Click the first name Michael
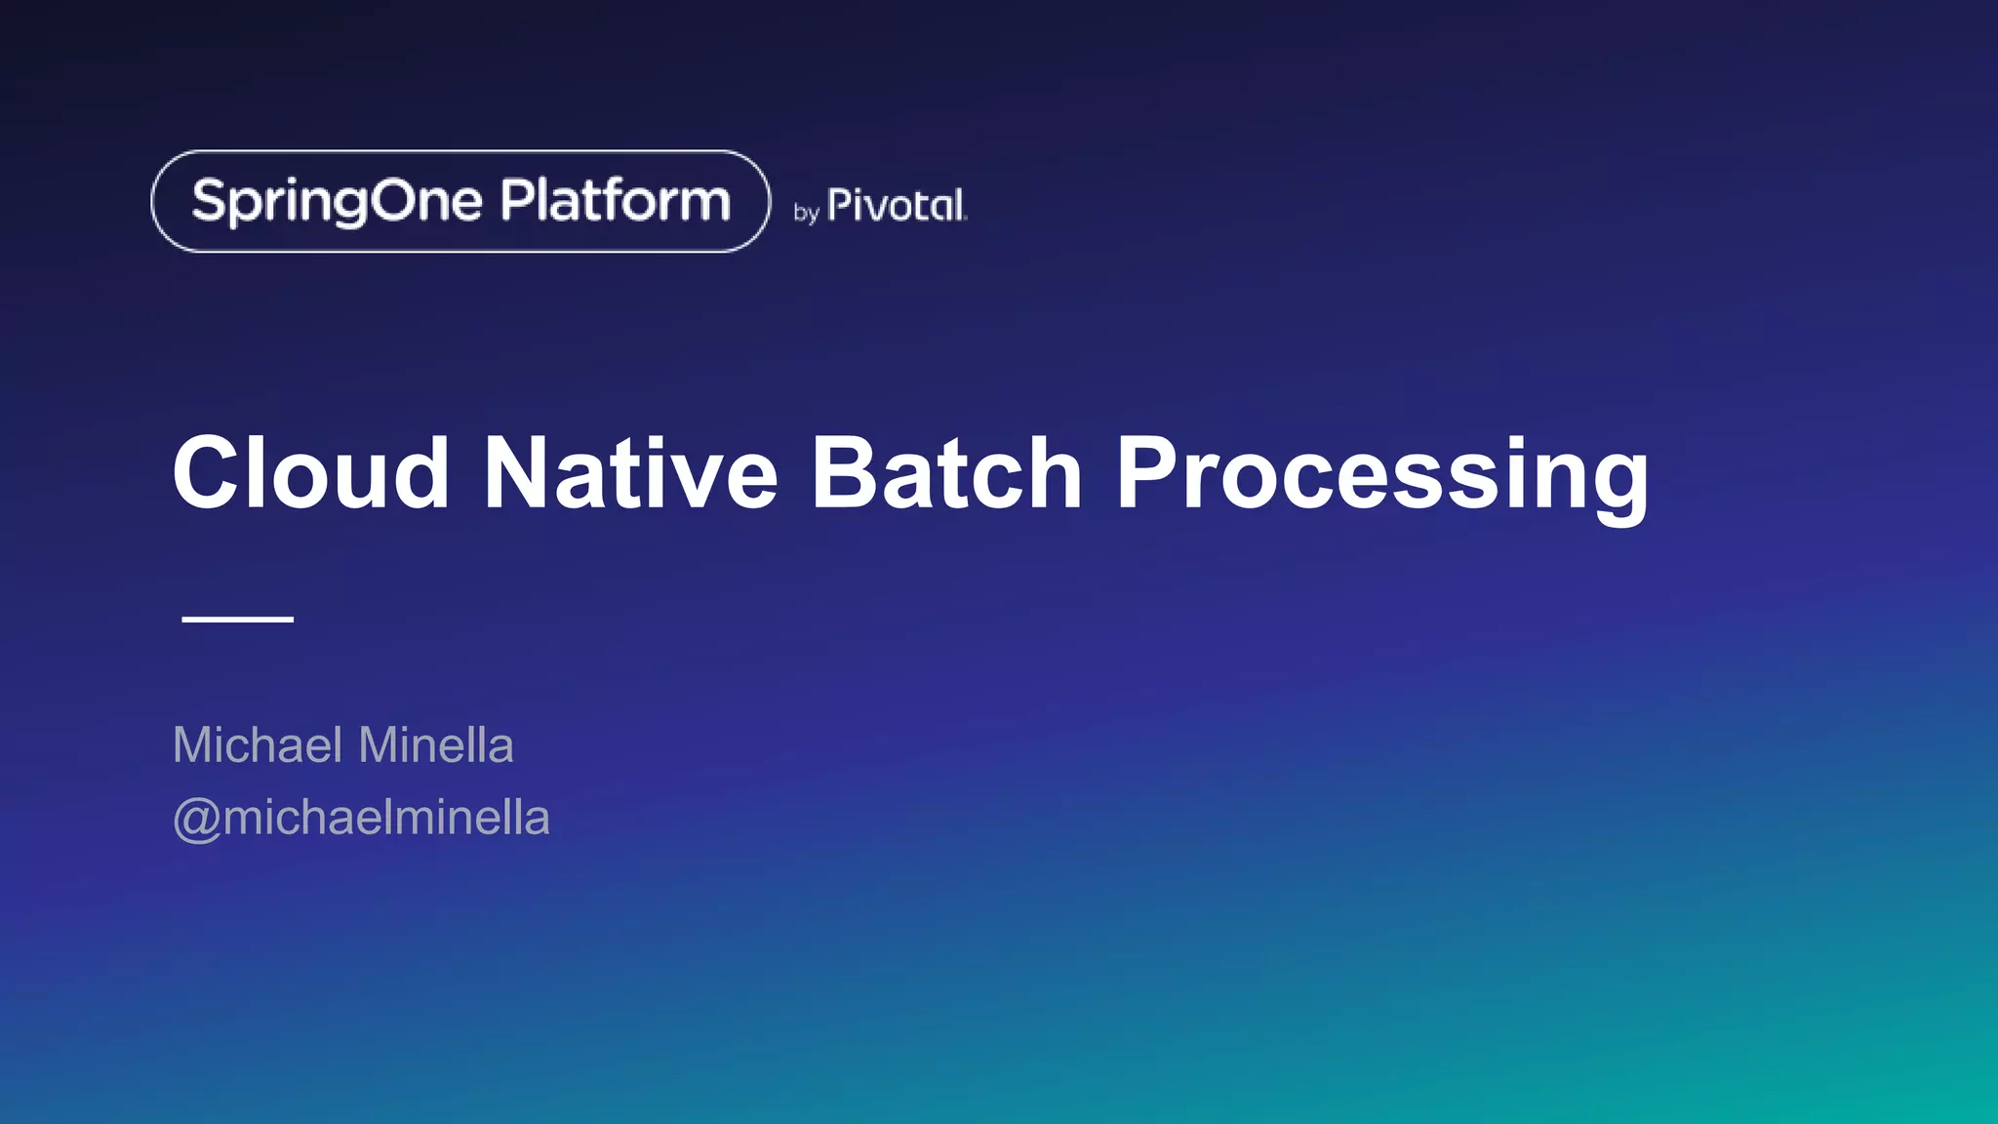click(259, 745)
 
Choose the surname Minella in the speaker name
click(436, 745)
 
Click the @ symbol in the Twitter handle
click(195, 819)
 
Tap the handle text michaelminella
click(386, 818)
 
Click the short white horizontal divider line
click(238, 619)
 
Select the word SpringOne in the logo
click(337, 202)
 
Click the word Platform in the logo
click(616, 201)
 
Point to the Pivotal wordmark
click(897, 206)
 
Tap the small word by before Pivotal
click(806, 212)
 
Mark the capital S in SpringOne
click(209, 200)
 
